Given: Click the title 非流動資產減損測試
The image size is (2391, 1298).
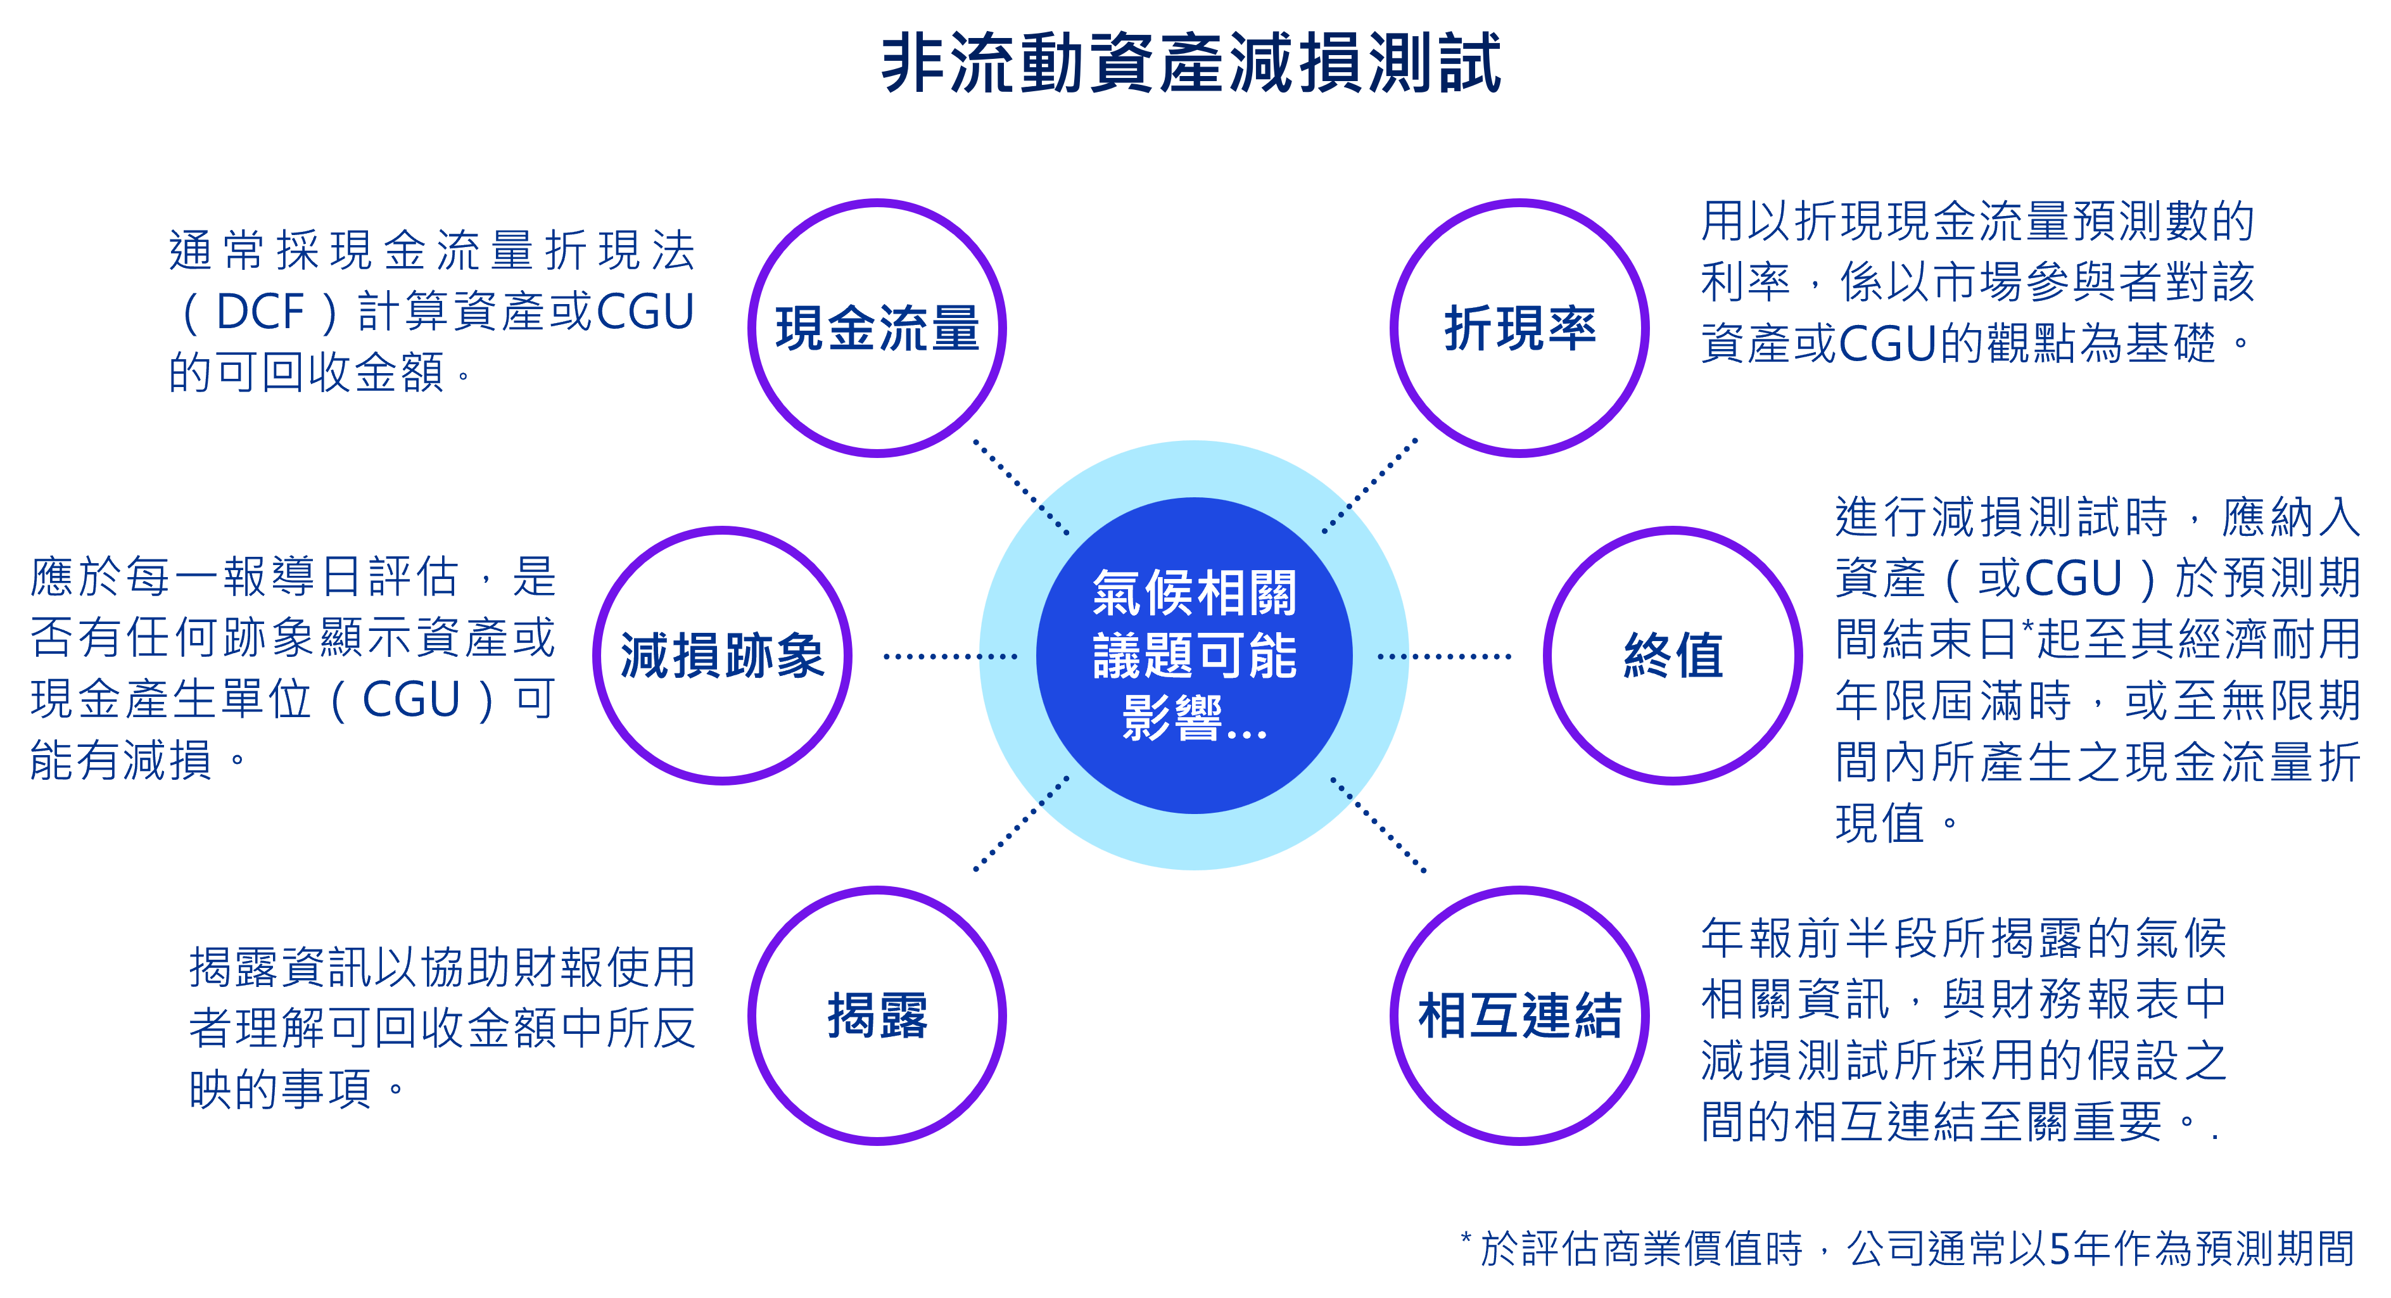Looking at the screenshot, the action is (x=1192, y=63).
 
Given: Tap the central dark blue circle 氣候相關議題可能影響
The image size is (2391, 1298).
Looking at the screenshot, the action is (x=1195, y=656).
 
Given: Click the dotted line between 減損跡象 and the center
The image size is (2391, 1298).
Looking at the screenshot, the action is (x=951, y=656).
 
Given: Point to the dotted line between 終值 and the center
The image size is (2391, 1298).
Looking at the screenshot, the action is (x=1444, y=656).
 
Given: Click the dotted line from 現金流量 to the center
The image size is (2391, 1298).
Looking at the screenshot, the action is (x=1021, y=487).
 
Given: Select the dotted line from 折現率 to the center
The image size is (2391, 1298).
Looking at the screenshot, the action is (x=1370, y=486).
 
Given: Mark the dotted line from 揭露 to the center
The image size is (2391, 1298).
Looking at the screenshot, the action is (x=1021, y=824).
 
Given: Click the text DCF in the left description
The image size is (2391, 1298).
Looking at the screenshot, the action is (x=260, y=312).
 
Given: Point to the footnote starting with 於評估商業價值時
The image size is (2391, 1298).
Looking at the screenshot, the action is (x=1908, y=1248).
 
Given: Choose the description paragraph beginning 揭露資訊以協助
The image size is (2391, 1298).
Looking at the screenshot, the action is (x=442, y=1028).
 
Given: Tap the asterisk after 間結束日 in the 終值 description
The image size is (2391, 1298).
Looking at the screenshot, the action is (x=2027, y=626).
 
